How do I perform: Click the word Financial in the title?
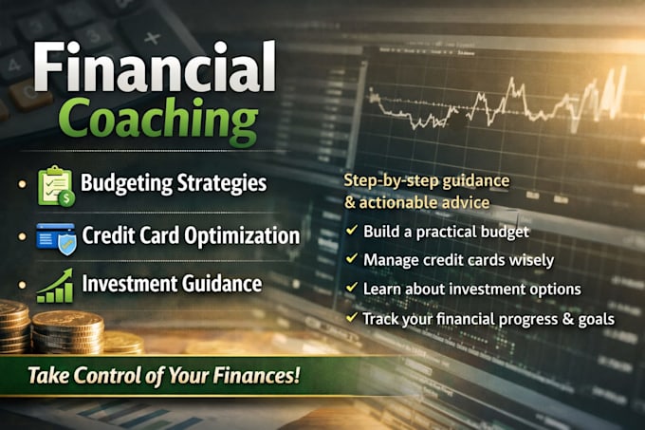click(155, 65)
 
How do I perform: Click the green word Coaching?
click(158, 121)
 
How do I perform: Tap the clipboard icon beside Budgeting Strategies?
click(56, 186)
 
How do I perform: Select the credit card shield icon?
click(56, 238)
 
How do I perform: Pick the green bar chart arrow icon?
click(55, 286)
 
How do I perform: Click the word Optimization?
click(242, 235)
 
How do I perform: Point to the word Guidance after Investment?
click(222, 284)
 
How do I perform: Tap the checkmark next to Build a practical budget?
click(352, 230)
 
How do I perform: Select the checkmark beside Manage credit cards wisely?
click(352, 258)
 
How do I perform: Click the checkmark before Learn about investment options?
click(352, 288)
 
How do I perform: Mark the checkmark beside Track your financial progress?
click(352, 317)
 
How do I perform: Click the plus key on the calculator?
click(152, 39)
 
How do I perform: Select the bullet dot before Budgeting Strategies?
click(22, 184)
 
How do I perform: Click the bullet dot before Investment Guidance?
click(22, 285)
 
